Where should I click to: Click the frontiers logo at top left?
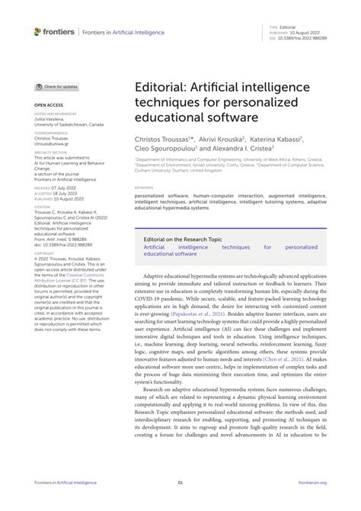point(54,31)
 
